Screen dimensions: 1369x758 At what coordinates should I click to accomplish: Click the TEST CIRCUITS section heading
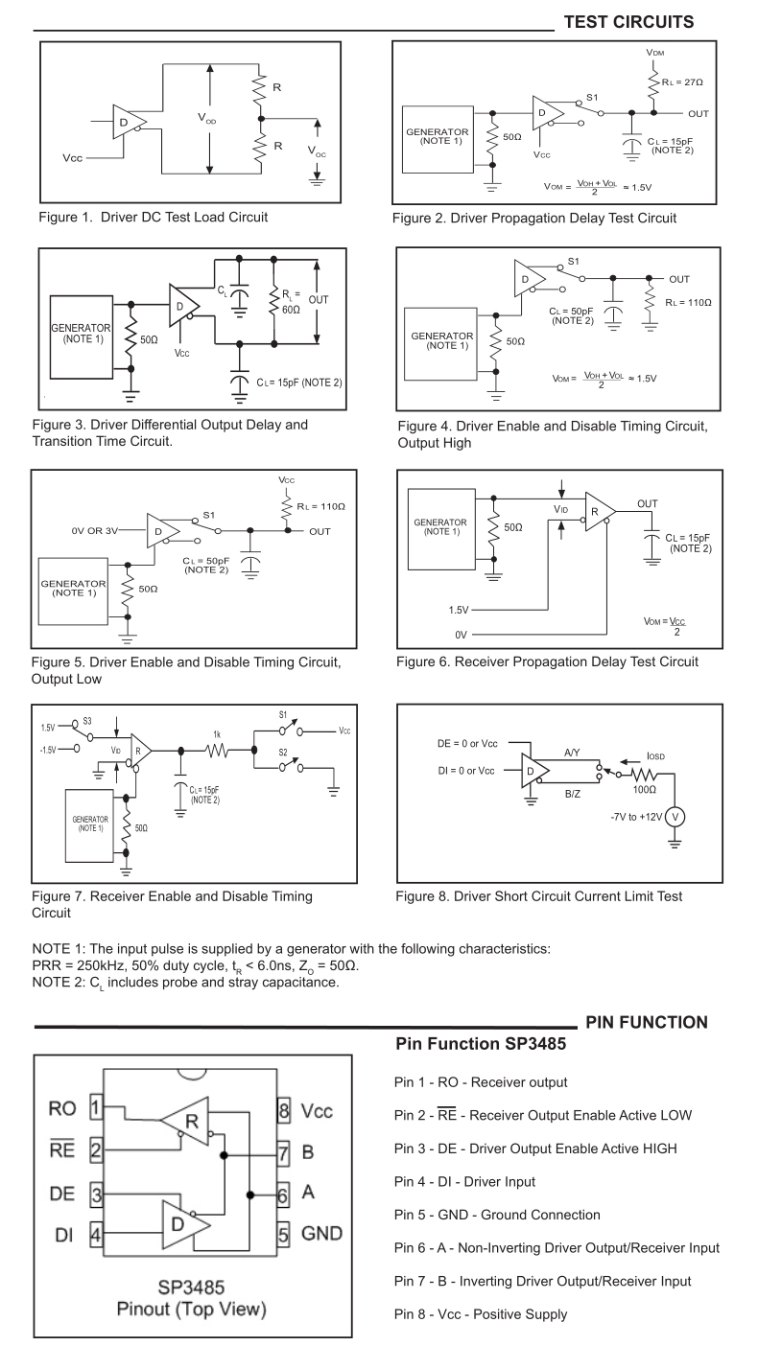628,20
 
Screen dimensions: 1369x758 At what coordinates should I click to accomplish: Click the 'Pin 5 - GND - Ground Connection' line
498,1215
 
